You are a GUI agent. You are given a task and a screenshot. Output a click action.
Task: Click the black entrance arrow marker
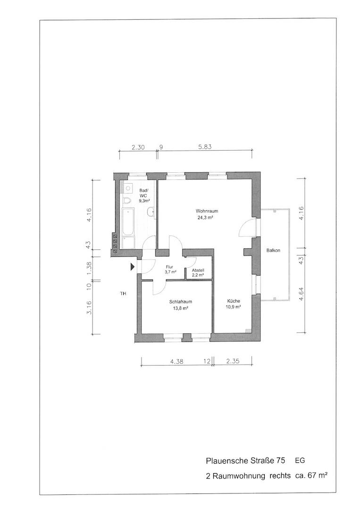coord(132,267)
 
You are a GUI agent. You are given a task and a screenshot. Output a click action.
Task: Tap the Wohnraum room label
coord(207,211)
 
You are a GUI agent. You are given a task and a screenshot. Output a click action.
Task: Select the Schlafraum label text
coord(178,302)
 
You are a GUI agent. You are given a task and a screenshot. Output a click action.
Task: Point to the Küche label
coord(234,301)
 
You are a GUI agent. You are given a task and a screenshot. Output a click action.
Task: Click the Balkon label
coord(273,250)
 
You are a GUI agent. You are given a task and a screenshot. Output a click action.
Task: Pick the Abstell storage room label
coord(198,270)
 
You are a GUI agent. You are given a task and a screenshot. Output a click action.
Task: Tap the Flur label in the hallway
coord(169,267)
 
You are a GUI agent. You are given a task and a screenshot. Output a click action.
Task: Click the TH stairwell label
coord(123,294)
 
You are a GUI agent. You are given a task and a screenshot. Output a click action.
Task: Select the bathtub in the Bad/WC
coord(128,222)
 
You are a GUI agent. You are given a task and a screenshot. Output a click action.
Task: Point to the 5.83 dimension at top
coord(205,147)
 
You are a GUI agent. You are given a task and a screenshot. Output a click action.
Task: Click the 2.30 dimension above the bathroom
coord(138,147)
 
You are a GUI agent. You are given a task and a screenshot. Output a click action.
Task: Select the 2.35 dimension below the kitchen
coord(233,361)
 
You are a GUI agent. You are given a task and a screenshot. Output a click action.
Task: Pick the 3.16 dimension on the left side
coord(89,308)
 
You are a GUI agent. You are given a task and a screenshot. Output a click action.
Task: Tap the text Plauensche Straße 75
coord(246,460)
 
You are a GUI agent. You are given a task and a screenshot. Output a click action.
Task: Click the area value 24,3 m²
coord(205,218)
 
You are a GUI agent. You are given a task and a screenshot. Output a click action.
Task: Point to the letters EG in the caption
coord(300,460)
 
